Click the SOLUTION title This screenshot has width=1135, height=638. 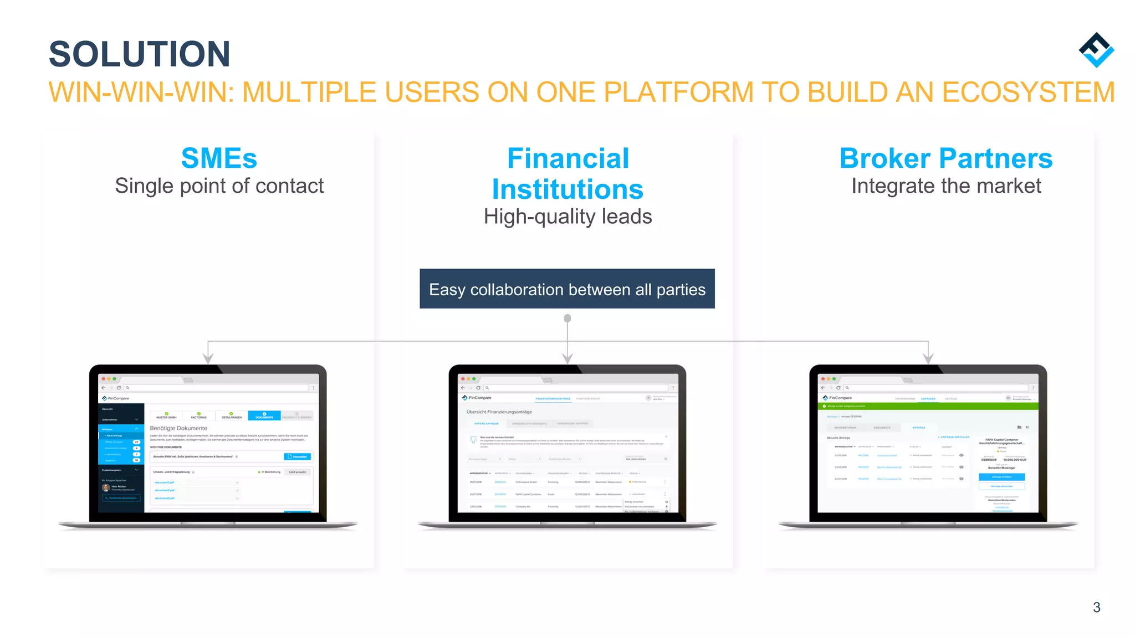139,54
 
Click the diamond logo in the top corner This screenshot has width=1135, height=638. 1096,50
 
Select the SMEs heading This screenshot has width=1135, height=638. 219,158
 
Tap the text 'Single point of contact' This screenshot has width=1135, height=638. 219,186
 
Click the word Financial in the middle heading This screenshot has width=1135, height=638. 568,158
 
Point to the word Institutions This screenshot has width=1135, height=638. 567,189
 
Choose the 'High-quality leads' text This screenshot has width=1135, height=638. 567,217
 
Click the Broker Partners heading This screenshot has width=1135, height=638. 945,158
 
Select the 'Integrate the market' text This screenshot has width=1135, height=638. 946,186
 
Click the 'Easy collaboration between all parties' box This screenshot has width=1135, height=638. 567,289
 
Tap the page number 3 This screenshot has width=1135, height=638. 1096,607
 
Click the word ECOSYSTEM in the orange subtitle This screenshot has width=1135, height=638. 1028,92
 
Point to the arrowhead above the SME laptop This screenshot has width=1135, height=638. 208,358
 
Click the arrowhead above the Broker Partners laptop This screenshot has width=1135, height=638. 928,358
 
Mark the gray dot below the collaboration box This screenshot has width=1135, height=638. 567,318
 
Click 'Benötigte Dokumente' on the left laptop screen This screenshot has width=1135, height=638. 178,428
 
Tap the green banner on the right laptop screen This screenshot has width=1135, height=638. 928,406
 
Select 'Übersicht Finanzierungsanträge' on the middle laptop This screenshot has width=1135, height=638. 499,412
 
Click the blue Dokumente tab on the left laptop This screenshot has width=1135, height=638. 264,415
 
